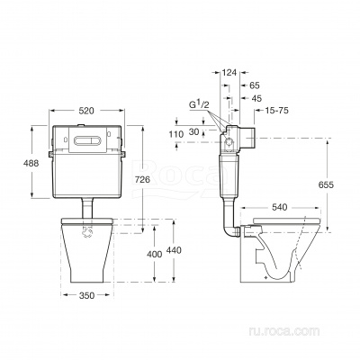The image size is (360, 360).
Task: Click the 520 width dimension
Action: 86,111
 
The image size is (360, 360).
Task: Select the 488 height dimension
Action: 31,163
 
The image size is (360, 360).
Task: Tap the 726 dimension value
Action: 142,180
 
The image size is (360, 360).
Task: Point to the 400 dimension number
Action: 154,255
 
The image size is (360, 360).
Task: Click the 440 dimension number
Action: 174,250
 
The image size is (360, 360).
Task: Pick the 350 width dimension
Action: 86,295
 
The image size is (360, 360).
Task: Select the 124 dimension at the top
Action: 229,72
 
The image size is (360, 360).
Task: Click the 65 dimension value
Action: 255,85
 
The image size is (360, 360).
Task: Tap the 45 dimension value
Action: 256,98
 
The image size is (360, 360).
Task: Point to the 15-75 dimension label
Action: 276,111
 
